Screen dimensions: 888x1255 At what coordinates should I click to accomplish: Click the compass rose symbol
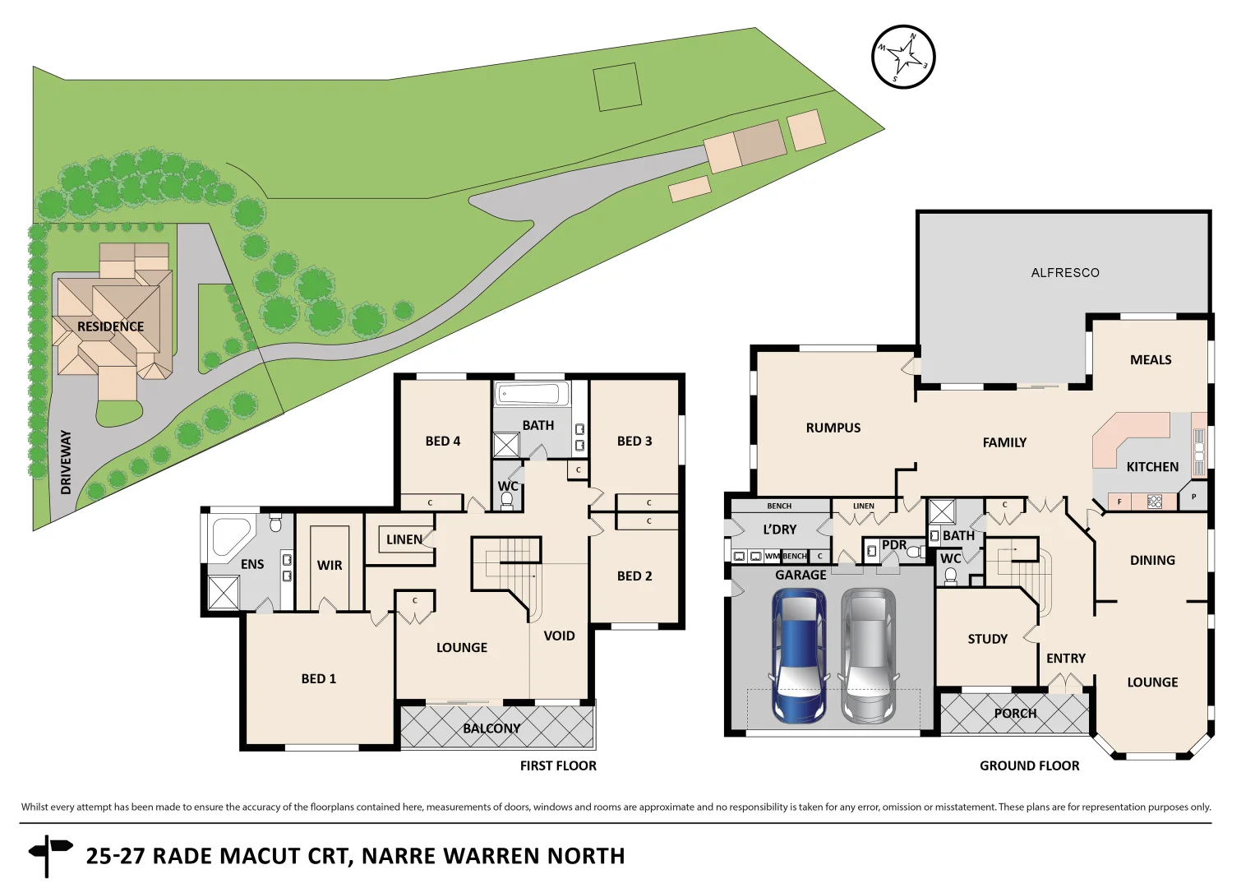click(903, 57)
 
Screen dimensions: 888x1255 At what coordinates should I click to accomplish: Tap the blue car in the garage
click(798, 655)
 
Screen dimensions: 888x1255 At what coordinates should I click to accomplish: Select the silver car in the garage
click(869, 655)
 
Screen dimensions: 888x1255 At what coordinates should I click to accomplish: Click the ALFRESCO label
click(1064, 273)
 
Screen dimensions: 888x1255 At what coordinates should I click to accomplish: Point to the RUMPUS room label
click(833, 428)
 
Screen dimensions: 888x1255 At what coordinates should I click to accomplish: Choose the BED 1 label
click(318, 678)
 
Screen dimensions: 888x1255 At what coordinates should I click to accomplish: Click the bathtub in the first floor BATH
click(531, 393)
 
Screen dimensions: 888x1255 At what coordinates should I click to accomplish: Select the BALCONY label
click(491, 728)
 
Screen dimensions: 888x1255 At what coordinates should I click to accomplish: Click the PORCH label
click(1015, 714)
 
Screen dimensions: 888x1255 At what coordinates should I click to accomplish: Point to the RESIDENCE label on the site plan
click(110, 326)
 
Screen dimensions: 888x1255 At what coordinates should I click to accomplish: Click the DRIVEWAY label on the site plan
click(66, 462)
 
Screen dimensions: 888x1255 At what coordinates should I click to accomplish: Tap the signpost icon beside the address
click(48, 855)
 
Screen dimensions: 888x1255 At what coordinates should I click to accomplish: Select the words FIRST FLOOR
click(558, 765)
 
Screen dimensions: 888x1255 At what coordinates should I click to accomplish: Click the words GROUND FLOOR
click(1029, 765)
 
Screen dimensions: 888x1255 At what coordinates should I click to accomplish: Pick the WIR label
click(330, 566)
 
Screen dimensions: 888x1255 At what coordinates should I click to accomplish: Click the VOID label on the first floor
click(559, 636)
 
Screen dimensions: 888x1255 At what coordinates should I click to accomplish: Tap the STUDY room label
click(987, 639)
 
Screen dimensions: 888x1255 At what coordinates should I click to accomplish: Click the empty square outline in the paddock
click(617, 87)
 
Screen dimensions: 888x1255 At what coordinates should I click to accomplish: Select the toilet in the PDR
click(913, 552)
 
